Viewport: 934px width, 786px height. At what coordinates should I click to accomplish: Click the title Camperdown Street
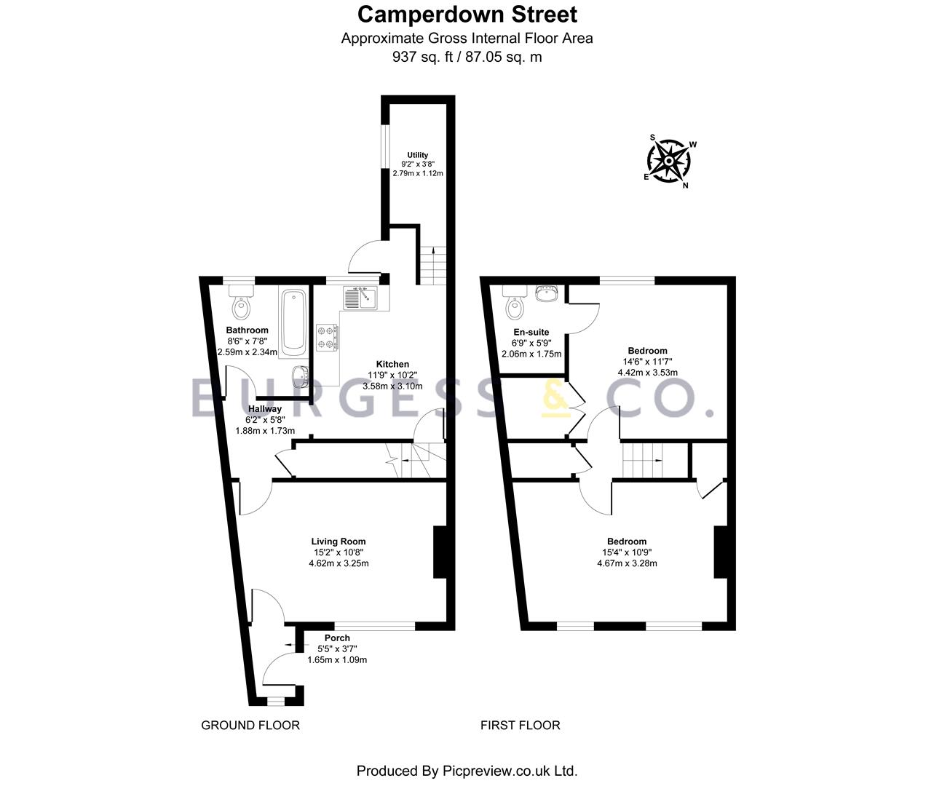467,14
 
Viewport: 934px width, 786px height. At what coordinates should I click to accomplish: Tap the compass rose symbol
668,160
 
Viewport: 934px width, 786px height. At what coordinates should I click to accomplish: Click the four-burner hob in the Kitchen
328,337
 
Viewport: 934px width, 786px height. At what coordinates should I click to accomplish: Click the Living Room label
338,541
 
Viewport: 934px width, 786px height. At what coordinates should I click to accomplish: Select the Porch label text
337,638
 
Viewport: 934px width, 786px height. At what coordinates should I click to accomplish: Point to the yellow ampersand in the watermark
556,400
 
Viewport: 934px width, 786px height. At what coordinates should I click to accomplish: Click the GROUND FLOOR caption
250,725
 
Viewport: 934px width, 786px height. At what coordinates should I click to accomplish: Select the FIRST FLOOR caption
520,725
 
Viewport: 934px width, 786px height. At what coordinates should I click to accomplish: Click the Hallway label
264,409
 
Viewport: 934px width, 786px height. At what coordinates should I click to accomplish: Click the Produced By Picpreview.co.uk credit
466,771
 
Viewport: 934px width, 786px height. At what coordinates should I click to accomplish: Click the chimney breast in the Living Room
440,552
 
